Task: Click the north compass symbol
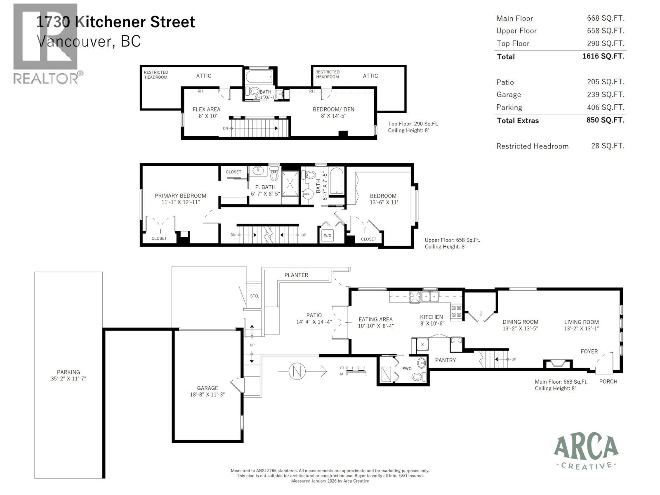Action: pos(296,371)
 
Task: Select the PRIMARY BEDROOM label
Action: pos(180,196)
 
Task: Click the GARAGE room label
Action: pos(207,388)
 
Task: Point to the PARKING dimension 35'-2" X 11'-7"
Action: pos(68,379)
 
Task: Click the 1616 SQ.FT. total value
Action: pos(603,56)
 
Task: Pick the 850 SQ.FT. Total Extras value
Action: pos(605,120)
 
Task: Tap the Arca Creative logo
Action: pos(586,452)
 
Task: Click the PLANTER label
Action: pos(296,275)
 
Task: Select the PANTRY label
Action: pos(445,360)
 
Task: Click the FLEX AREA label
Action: pos(206,109)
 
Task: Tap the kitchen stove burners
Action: pos(456,311)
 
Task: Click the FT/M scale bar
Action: pos(354,371)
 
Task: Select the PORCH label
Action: pos(608,382)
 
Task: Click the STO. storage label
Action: pos(254,296)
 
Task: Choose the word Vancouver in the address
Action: pos(73,41)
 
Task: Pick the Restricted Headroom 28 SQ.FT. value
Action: pos(607,146)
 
